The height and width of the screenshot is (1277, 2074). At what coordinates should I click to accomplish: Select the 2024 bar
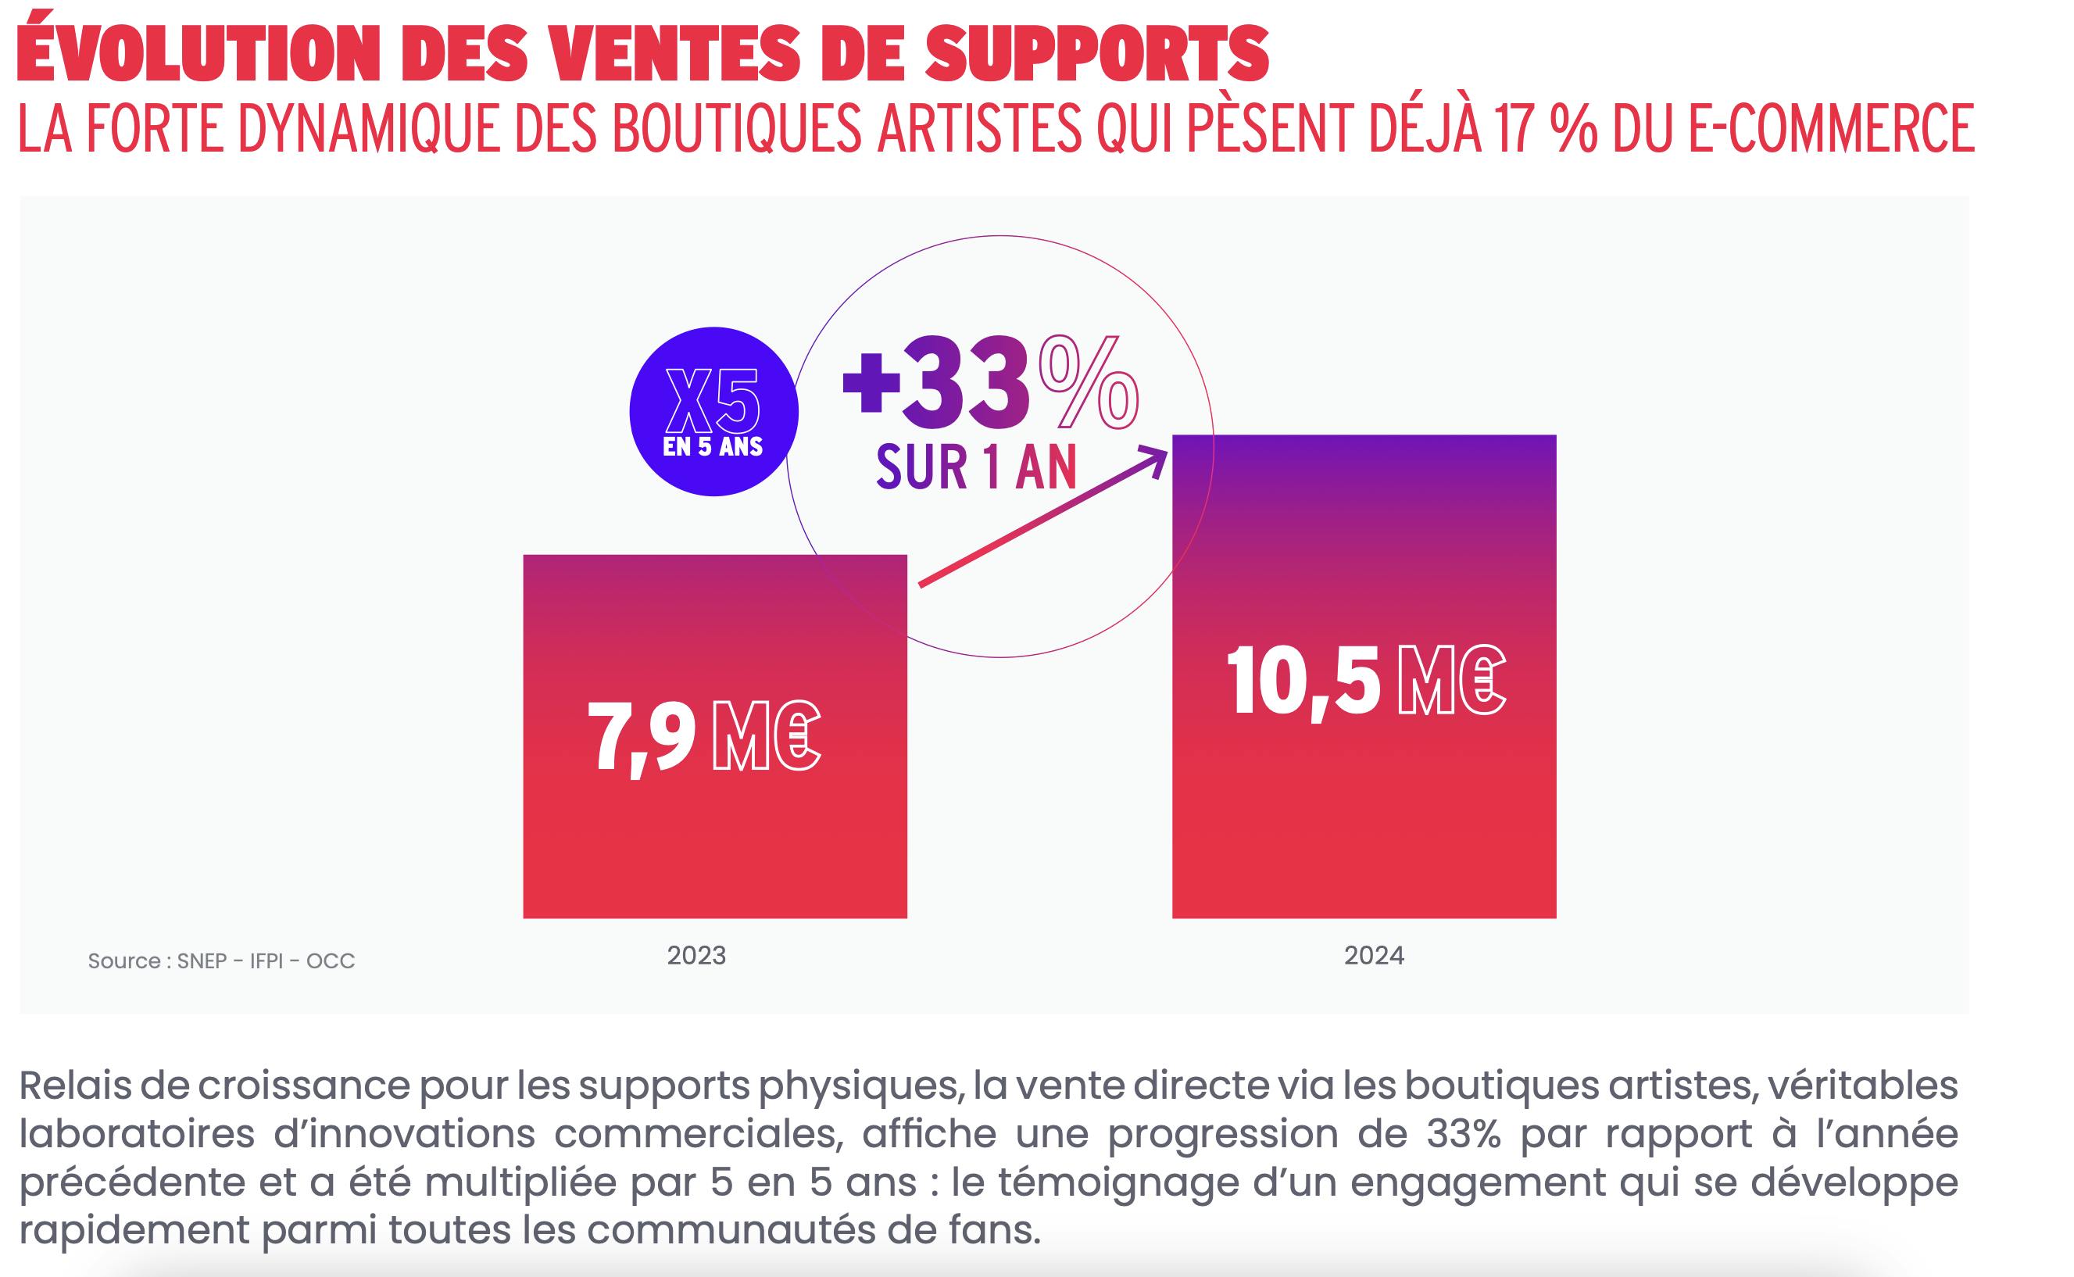[1364, 810]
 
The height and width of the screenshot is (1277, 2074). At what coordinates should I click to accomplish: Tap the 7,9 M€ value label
[703, 735]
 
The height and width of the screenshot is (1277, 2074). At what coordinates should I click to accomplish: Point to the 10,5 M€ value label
[1364, 681]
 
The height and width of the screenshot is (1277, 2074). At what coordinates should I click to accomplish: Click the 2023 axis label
[697, 955]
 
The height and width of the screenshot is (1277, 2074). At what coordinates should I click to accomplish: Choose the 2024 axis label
[1374, 955]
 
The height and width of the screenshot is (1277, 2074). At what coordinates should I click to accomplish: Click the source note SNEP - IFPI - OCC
[221, 961]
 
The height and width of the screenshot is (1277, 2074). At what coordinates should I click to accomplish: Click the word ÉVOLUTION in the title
[198, 52]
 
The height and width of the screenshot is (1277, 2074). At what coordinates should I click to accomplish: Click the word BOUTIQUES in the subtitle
[736, 128]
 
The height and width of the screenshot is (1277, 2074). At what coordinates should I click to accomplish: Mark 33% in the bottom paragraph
[1464, 1133]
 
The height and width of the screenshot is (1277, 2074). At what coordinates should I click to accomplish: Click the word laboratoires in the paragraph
[137, 1133]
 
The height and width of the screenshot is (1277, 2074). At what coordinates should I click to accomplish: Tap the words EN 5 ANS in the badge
[713, 447]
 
